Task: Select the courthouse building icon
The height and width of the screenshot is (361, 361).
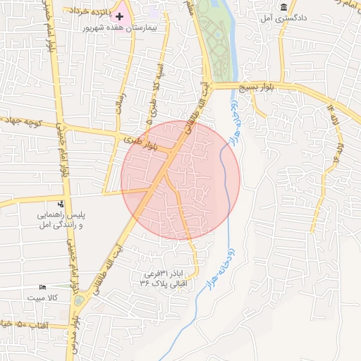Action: (283, 7)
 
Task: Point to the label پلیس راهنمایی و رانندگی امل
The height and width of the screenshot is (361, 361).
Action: (61, 219)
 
